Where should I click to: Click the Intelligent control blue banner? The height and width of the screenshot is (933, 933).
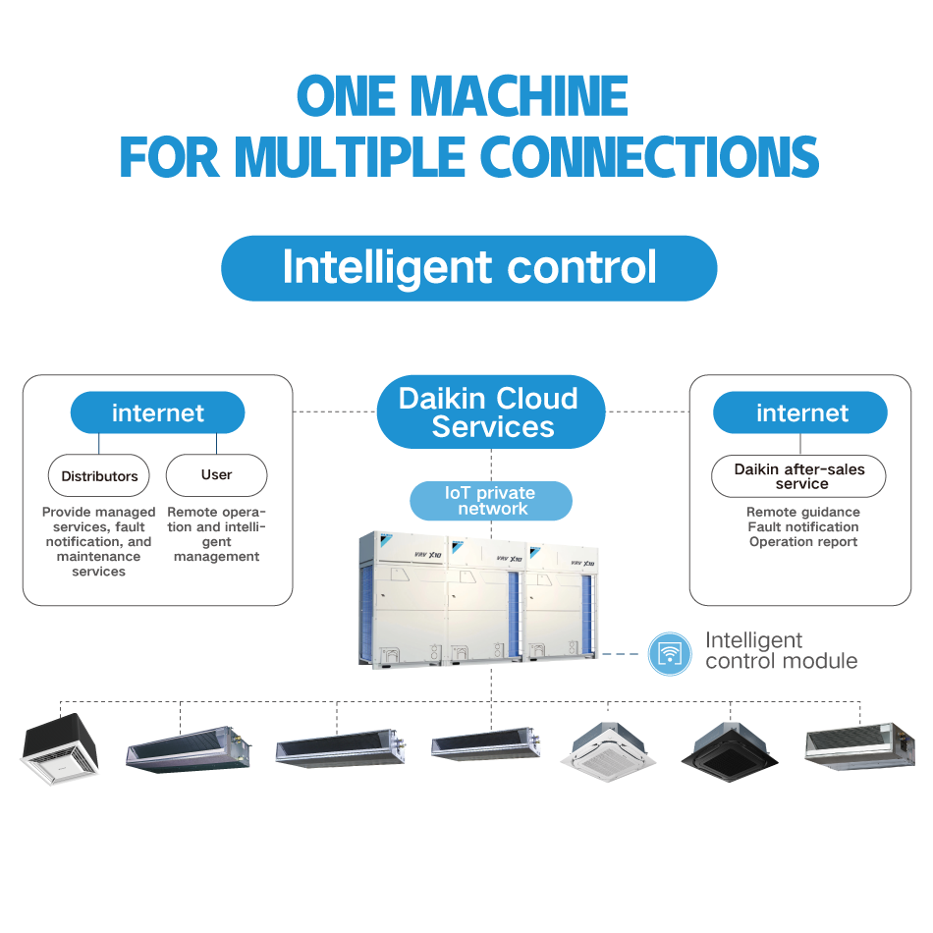coord(468,268)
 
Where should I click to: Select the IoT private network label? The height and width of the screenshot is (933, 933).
coord(491,501)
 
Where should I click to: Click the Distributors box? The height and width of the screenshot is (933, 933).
coord(99,476)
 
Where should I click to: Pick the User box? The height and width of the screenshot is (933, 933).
coord(216,475)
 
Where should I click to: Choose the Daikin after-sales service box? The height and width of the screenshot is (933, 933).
coord(798,476)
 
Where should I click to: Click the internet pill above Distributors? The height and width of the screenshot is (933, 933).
coord(157,412)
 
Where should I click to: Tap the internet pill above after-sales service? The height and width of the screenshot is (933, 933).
coord(800,412)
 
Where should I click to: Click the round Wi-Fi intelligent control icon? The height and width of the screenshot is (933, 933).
coord(671,653)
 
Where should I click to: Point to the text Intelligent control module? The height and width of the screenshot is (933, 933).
coord(781,651)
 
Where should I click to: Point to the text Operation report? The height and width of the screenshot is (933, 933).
coord(803,542)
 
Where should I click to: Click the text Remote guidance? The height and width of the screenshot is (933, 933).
coord(803,512)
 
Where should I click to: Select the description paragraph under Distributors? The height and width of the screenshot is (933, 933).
coord(98,541)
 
